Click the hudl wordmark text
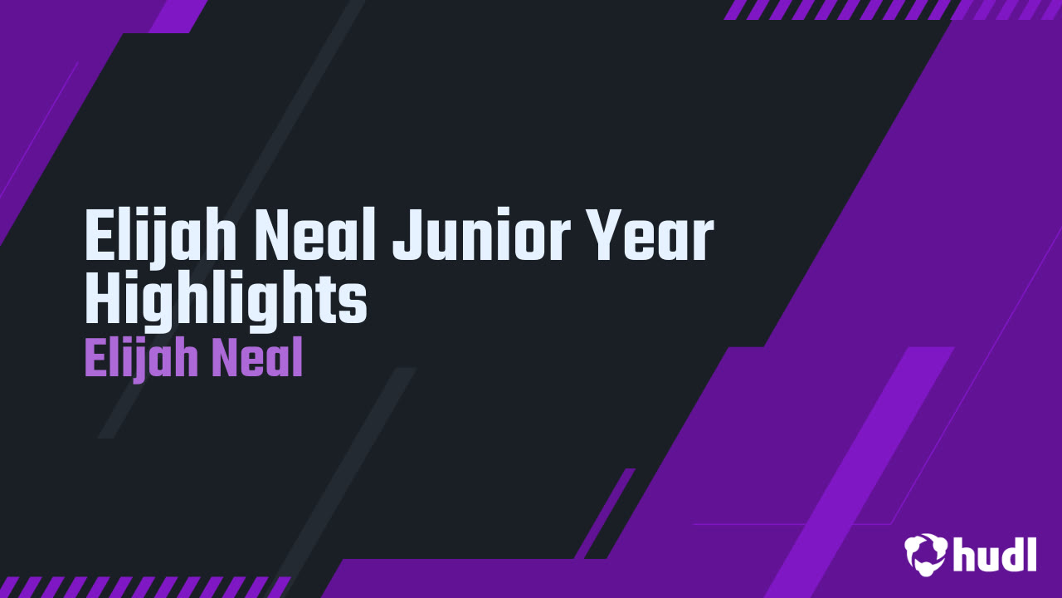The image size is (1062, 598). click(995, 553)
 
